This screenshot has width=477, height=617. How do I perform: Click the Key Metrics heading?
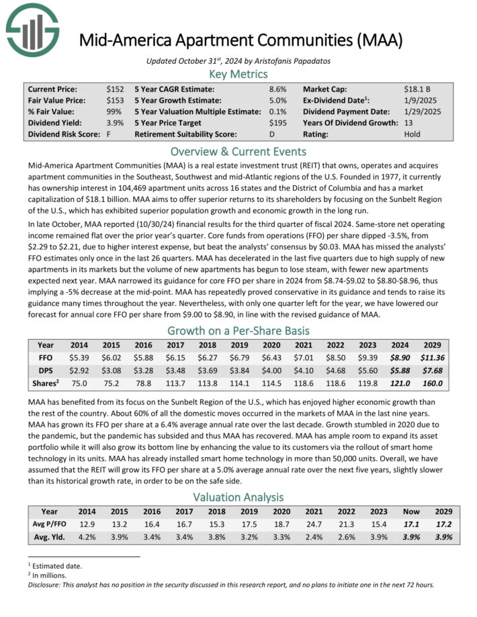pyautogui.click(x=238, y=74)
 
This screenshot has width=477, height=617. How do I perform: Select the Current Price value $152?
pyautogui.click(x=114, y=89)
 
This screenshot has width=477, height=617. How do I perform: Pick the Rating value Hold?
pyautogui.click(x=413, y=134)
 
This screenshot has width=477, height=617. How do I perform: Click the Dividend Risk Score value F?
pyautogui.click(x=109, y=134)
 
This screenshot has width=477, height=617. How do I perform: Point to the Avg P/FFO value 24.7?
pyautogui.click(x=322, y=523)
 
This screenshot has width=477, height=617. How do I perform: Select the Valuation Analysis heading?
pyautogui.click(x=238, y=497)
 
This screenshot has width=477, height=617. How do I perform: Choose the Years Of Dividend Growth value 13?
pyautogui.click(x=408, y=123)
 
